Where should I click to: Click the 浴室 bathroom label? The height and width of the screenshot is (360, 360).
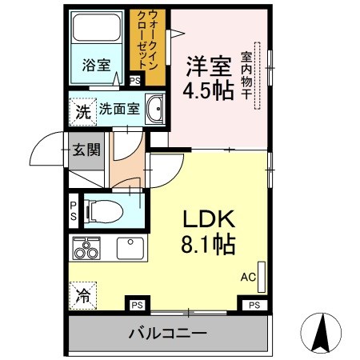click(96, 66)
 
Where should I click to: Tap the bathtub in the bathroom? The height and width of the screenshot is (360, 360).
click(95, 32)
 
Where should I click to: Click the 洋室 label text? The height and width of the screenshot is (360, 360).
click(210, 62)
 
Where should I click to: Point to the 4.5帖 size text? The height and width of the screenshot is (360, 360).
click(210, 88)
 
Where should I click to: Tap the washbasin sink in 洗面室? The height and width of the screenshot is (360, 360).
click(154, 109)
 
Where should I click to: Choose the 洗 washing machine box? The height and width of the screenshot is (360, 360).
click(82, 111)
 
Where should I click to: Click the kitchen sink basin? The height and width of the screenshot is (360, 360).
click(130, 248)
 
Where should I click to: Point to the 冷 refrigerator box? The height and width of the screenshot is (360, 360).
click(82, 296)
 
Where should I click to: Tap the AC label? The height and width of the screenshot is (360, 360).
click(249, 278)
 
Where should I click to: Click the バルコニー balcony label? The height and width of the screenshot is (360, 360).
click(169, 334)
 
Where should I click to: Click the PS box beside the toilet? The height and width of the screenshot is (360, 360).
click(74, 210)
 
